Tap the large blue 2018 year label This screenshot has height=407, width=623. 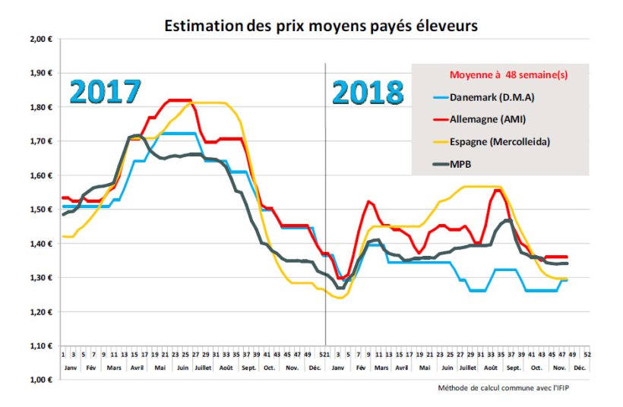368,93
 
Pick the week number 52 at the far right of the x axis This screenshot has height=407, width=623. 588,355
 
